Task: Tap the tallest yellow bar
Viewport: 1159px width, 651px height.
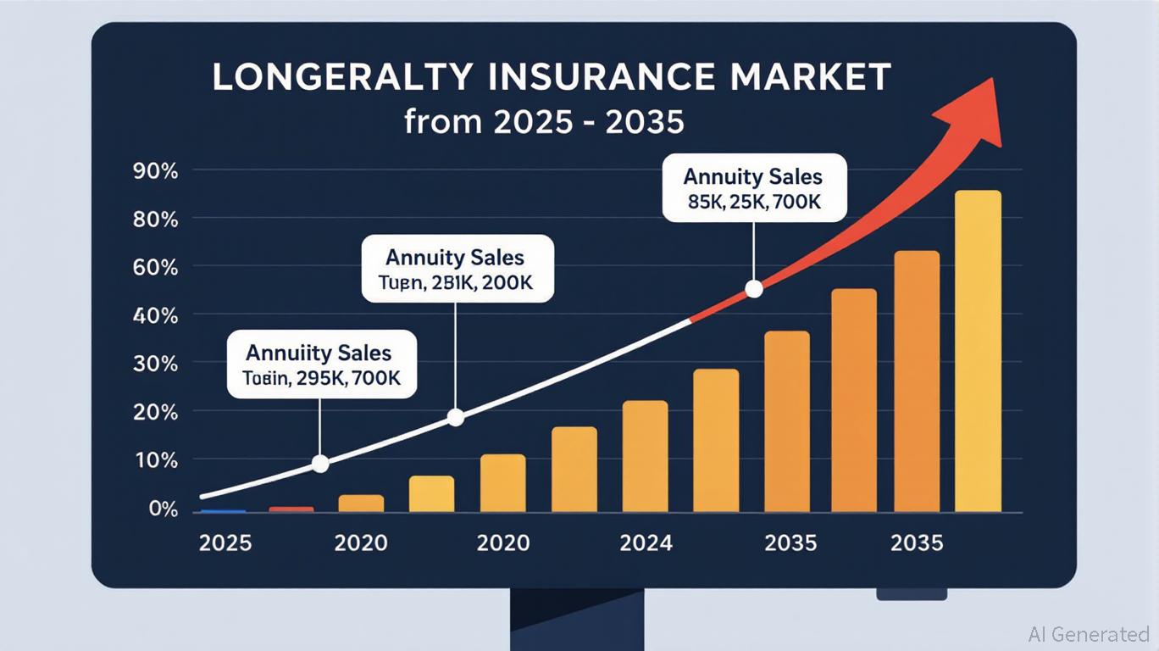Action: coord(978,351)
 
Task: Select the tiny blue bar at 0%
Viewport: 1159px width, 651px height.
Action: coord(223,511)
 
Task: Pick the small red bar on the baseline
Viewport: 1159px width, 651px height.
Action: coord(291,509)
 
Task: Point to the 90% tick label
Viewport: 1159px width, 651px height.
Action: coord(156,171)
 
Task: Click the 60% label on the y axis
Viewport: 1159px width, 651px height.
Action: coord(156,268)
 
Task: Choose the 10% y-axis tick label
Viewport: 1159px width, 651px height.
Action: coord(156,461)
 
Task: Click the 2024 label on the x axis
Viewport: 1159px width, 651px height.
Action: coord(646,542)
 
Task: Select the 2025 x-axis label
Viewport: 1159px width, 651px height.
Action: coord(225,542)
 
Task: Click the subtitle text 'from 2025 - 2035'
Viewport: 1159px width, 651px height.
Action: coord(544,122)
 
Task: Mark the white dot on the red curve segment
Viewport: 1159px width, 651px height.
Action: coord(753,290)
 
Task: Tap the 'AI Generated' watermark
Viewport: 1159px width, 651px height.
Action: coord(1089,634)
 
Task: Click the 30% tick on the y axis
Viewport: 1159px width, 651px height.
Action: coord(156,364)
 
